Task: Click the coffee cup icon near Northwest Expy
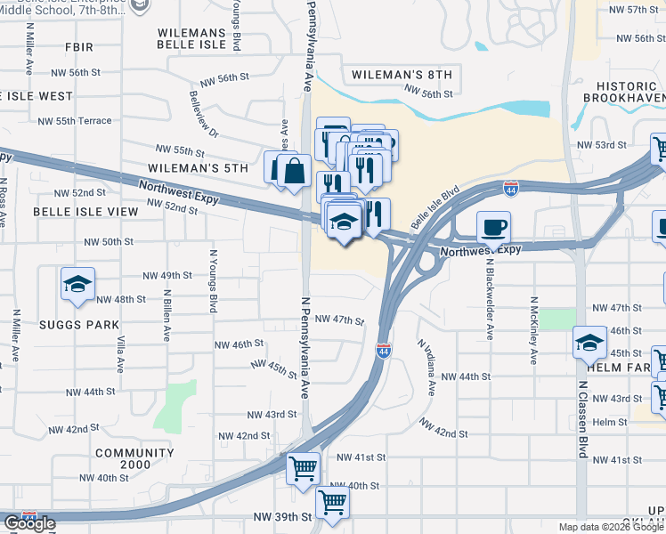click(x=493, y=227)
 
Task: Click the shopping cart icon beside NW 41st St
click(x=304, y=466)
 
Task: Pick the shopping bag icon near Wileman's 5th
click(x=293, y=169)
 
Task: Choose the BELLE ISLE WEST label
click(x=36, y=95)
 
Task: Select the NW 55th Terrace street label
click(x=75, y=121)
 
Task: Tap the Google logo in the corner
click(x=29, y=523)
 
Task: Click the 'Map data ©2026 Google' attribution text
click(x=611, y=527)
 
